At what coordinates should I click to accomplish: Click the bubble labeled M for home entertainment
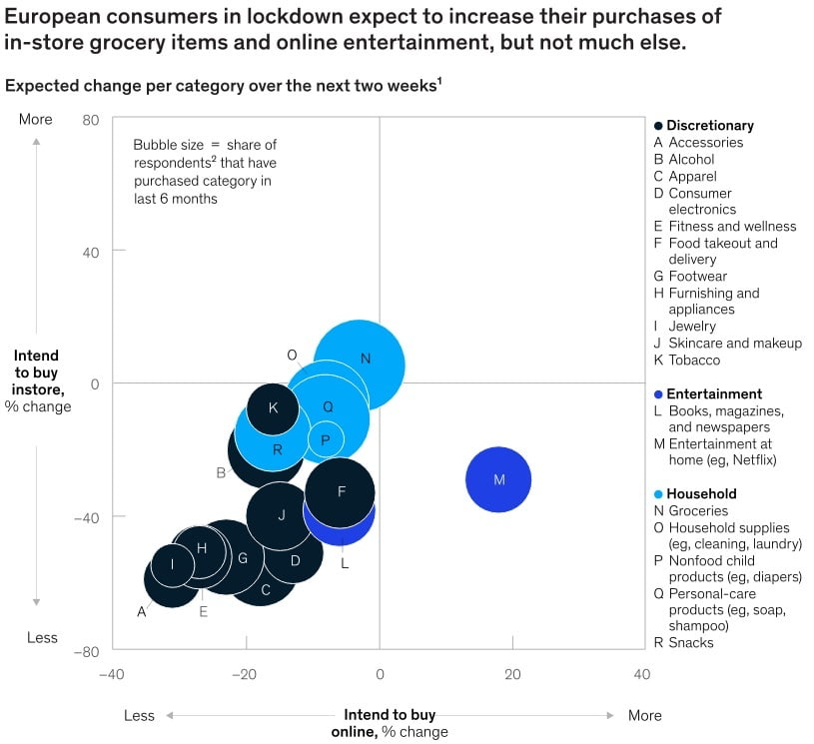[498, 479]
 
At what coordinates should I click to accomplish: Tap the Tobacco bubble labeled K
[274, 407]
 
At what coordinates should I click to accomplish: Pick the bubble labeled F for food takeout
[341, 491]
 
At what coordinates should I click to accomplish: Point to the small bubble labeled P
[326, 439]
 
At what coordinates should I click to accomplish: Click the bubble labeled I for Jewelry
[172, 564]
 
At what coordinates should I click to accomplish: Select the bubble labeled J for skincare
[282, 515]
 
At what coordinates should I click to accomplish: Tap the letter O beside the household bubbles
[292, 355]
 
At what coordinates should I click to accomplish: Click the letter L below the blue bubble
[344, 563]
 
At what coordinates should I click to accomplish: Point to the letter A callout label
[141, 611]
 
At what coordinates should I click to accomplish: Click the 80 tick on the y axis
[91, 119]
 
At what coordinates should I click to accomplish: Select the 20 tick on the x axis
[512, 675]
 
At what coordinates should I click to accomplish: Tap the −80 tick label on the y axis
[88, 652]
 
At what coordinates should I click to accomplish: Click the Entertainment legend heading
[714, 393]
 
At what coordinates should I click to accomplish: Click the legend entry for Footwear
[697, 276]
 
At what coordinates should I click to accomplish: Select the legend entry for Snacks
[690, 642]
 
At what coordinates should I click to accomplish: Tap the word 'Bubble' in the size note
[155, 146]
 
